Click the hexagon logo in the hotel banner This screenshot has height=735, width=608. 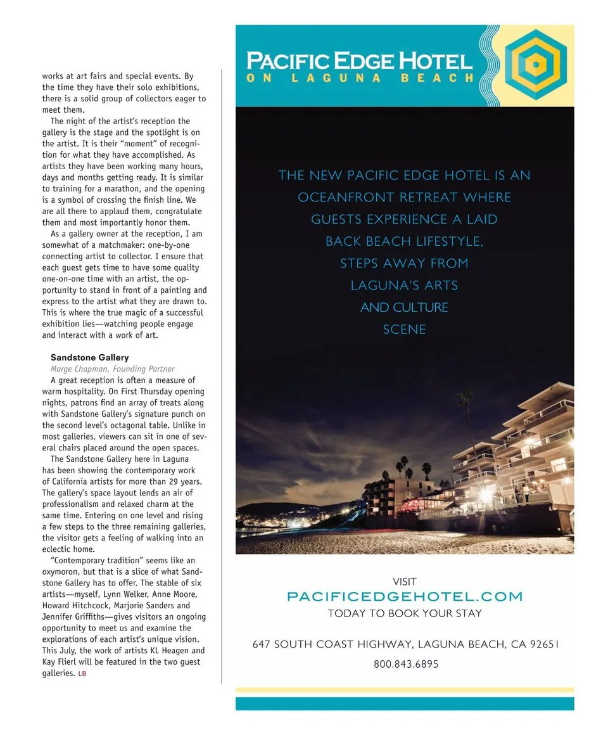click(535, 65)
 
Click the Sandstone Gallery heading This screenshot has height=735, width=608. click(89, 357)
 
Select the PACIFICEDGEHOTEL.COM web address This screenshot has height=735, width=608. click(405, 596)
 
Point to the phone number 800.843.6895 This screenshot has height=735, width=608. click(405, 664)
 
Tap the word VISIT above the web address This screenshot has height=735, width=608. click(405, 581)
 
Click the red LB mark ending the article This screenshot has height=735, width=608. click(82, 674)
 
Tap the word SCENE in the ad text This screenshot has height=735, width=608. click(405, 329)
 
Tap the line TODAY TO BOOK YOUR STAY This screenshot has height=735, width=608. click(405, 613)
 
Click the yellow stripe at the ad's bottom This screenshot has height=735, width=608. click(405, 689)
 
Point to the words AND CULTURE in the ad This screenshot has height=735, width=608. click(405, 307)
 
